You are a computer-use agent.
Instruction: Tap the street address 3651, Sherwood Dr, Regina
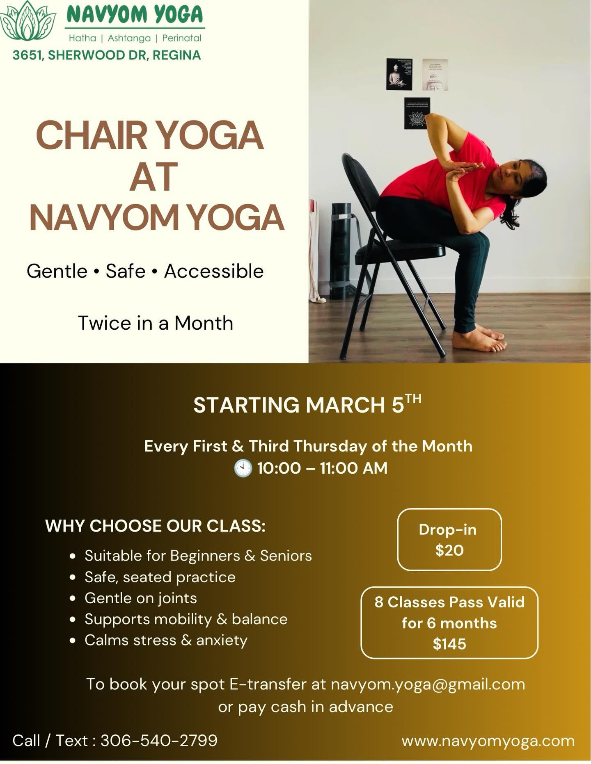tap(107, 55)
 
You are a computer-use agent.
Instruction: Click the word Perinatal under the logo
tap(182, 38)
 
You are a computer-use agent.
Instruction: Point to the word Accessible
tap(214, 271)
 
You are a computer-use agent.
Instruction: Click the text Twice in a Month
tap(156, 323)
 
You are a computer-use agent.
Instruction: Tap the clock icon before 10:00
tap(243, 468)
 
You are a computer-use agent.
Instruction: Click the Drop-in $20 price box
tap(449, 539)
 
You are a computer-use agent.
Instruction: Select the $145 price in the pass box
tap(449, 644)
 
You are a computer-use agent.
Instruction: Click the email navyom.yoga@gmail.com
tap(428, 684)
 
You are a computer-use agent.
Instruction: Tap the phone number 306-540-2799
tap(159, 741)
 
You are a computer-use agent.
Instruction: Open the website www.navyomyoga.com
tap(488, 741)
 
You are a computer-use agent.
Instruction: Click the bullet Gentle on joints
tap(141, 598)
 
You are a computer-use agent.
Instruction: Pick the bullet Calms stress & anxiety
tap(166, 640)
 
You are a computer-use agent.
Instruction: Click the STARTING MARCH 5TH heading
tap(307, 405)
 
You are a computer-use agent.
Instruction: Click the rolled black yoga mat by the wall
tap(341, 250)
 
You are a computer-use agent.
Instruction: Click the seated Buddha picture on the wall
tap(399, 74)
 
